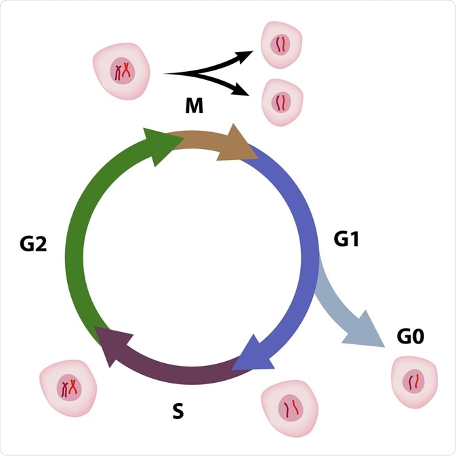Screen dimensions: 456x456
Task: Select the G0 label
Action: pos(410,337)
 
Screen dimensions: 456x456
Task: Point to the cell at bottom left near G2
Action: pos(68,388)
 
